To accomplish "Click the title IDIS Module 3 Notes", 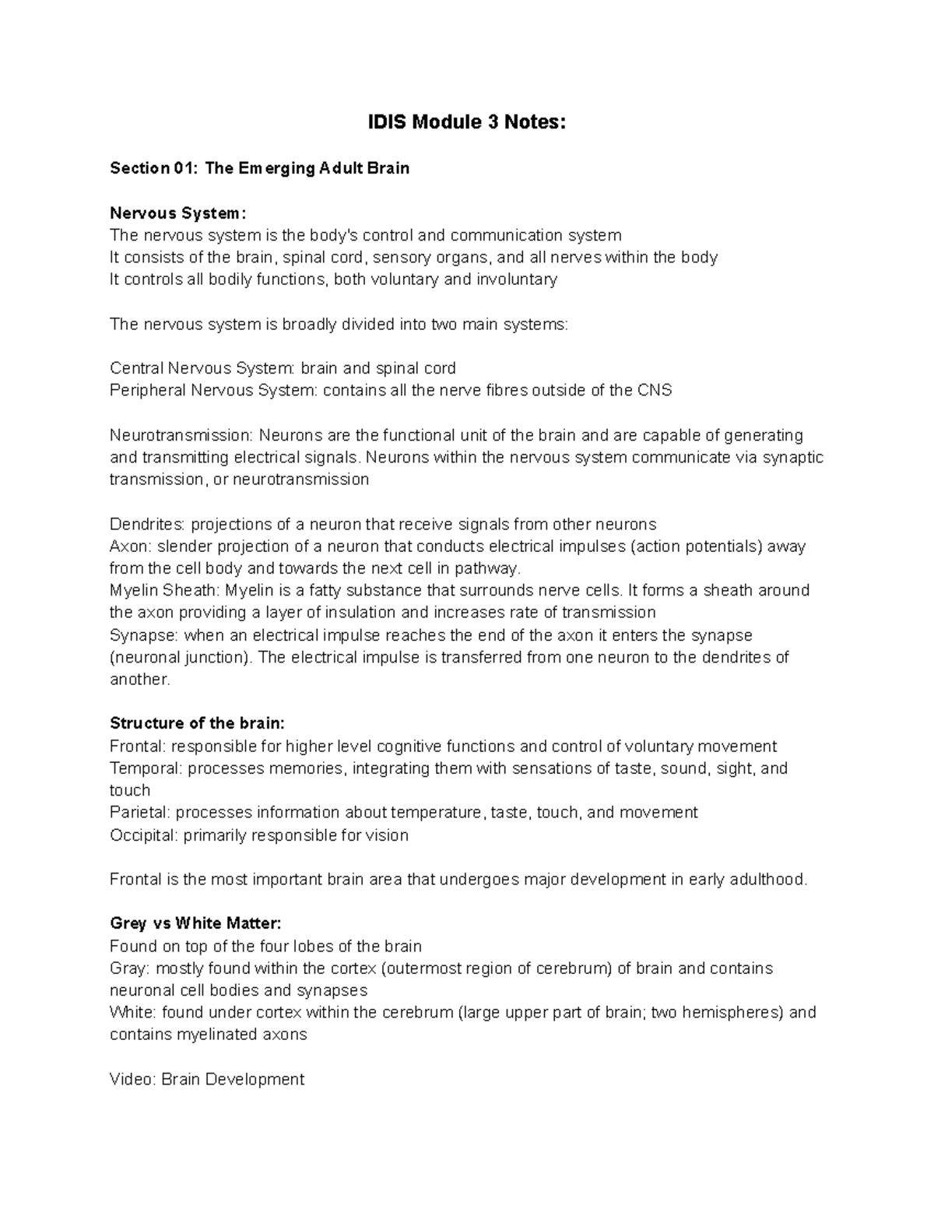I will (466, 122).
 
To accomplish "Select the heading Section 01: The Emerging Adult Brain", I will (259, 168).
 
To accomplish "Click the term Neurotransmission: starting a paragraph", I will (181, 435).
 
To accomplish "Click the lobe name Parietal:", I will (140, 813).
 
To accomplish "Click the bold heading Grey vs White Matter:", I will (195, 924).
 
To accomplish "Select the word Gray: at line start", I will (131, 968).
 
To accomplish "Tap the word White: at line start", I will (133, 1013).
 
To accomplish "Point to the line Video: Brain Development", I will (207, 1080).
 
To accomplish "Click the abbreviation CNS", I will (654, 391).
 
